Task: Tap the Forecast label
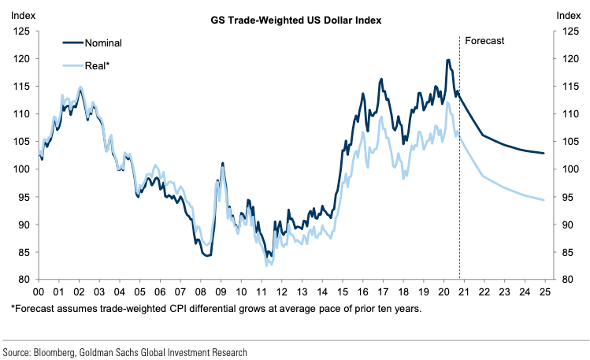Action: coord(484,40)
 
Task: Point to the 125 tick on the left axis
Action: coord(22,32)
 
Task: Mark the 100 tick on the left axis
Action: coord(22,169)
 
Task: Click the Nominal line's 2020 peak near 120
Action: coord(448,60)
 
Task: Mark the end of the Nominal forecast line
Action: coord(543,153)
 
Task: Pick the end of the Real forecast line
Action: coord(543,200)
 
